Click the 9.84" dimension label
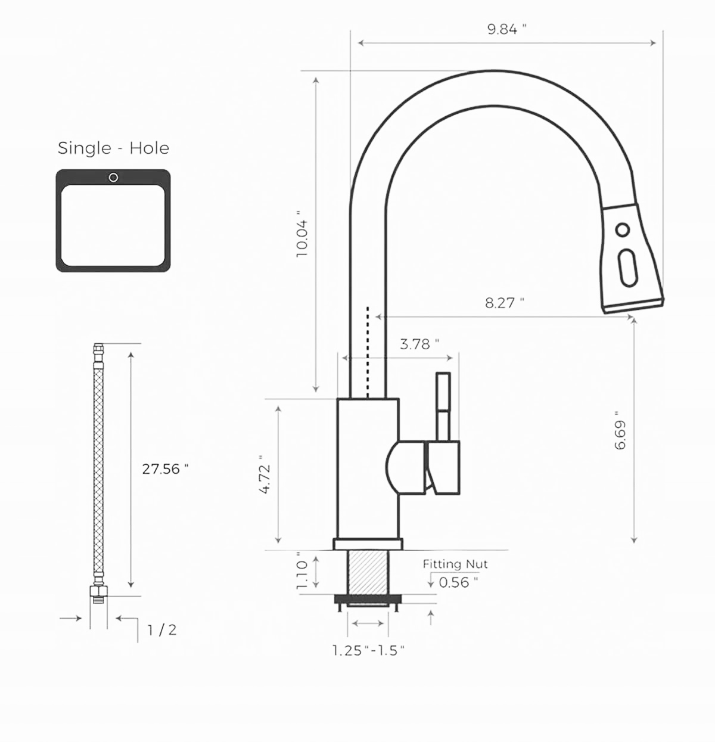(506, 29)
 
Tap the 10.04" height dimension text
(302, 234)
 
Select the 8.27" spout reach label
(504, 303)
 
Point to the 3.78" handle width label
(419, 344)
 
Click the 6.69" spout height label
(620, 430)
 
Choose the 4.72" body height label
(265, 474)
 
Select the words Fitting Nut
(455, 564)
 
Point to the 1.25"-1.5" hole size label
(368, 650)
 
